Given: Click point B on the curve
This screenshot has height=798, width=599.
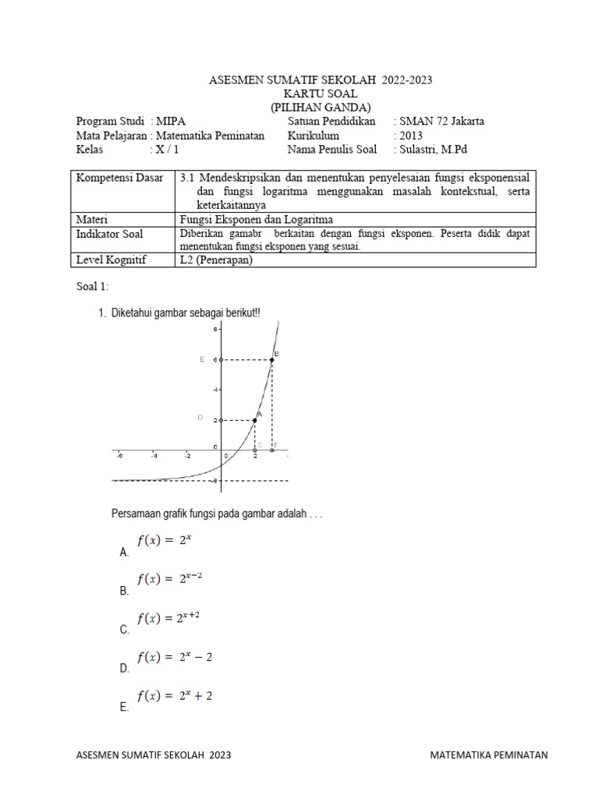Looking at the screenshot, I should [271, 359].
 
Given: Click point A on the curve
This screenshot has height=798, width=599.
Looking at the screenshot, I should [255, 420].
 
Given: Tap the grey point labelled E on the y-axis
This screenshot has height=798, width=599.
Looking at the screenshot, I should [221, 359].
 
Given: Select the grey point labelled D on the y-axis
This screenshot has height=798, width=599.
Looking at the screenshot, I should [221, 420].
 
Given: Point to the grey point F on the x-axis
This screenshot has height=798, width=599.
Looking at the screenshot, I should [271, 450].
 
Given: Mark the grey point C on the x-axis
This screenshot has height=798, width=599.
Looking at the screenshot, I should [255, 450].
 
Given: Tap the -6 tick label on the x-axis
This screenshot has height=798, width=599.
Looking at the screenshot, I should [119, 457].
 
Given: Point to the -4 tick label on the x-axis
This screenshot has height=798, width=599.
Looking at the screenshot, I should [154, 457].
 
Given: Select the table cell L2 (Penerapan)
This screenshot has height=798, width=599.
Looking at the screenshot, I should [216, 260].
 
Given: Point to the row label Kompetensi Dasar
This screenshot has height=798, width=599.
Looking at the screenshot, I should [119, 178].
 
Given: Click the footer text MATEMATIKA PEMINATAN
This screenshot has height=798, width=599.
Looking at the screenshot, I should [489, 755].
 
